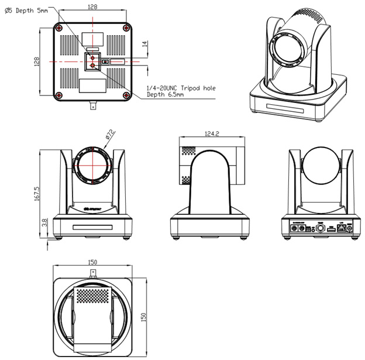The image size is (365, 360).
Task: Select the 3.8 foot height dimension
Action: (37, 223)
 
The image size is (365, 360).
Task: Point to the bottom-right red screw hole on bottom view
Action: (126, 95)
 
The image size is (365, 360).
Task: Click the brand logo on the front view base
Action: (93, 207)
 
